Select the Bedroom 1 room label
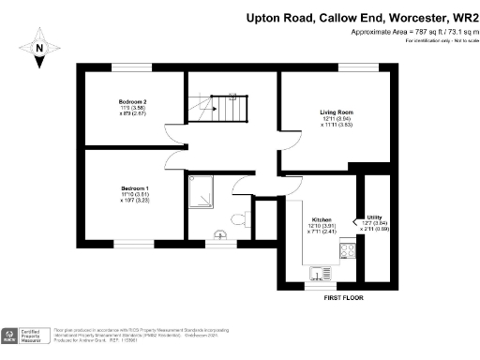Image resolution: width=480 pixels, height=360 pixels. pyautogui.click(x=135, y=187)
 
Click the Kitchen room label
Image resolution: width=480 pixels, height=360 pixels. pyautogui.click(x=322, y=217)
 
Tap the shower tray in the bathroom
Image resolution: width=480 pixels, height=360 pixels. pyautogui.click(x=201, y=193)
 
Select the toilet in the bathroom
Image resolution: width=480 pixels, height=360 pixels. pyautogui.click(x=239, y=219)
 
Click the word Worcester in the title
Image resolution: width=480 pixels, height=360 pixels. pyautogui.click(x=404, y=16)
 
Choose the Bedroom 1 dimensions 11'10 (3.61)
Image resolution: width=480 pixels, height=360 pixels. pyautogui.click(x=135, y=194)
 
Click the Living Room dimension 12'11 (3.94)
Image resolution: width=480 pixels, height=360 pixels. pyautogui.click(x=335, y=118)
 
